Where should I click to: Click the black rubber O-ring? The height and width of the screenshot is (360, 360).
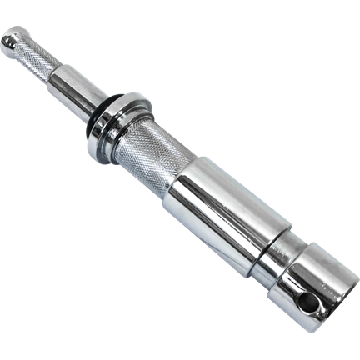tap(105, 117)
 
